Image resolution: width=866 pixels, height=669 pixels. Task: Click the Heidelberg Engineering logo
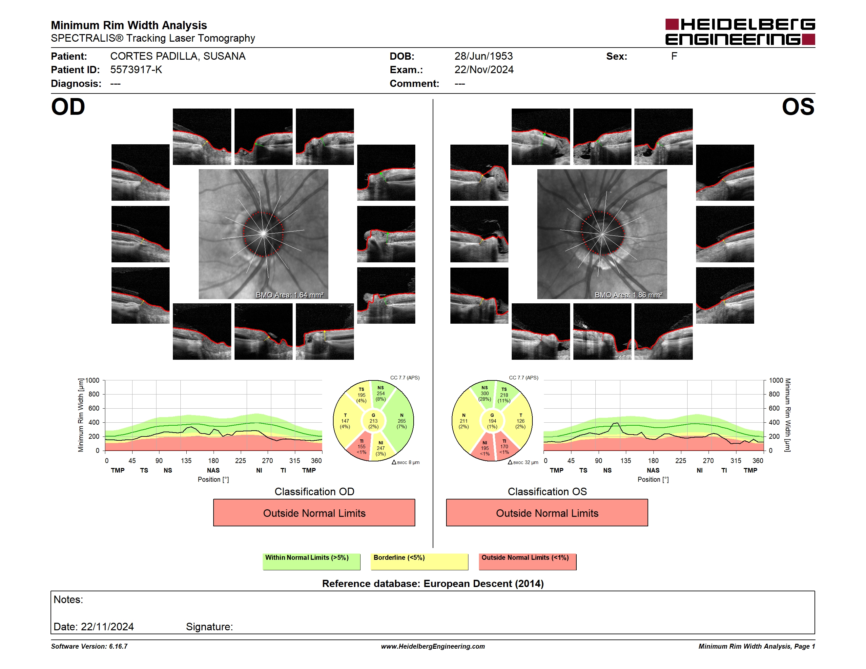click(x=740, y=32)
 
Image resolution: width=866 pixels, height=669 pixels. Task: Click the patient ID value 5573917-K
click(x=136, y=70)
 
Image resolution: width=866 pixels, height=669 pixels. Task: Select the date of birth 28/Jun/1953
click(x=484, y=56)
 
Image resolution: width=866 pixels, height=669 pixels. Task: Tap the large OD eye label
click(x=68, y=107)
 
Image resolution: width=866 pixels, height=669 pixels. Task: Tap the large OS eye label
click(x=798, y=107)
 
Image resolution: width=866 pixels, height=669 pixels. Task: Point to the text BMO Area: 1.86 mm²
click(x=629, y=295)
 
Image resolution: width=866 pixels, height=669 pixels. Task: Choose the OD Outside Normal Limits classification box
click(x=314, y=513)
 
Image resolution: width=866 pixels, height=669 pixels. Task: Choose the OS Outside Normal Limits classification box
click(x=547, y=513)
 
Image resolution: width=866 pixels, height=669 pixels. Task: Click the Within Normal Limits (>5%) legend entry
click(x=311, y=561)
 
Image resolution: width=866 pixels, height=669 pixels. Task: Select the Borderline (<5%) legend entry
click(x=419, y=561)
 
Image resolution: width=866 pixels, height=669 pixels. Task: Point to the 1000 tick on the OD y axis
click(x=93, y=380)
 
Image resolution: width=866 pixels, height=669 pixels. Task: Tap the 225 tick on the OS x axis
click(x=680, y=460)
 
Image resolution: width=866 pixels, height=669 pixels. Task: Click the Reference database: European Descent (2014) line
click(x=433, y=583)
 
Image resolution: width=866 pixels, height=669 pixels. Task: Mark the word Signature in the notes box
click(x=209, y=627)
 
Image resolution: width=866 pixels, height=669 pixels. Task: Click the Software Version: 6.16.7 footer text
click(x=89, y=646)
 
